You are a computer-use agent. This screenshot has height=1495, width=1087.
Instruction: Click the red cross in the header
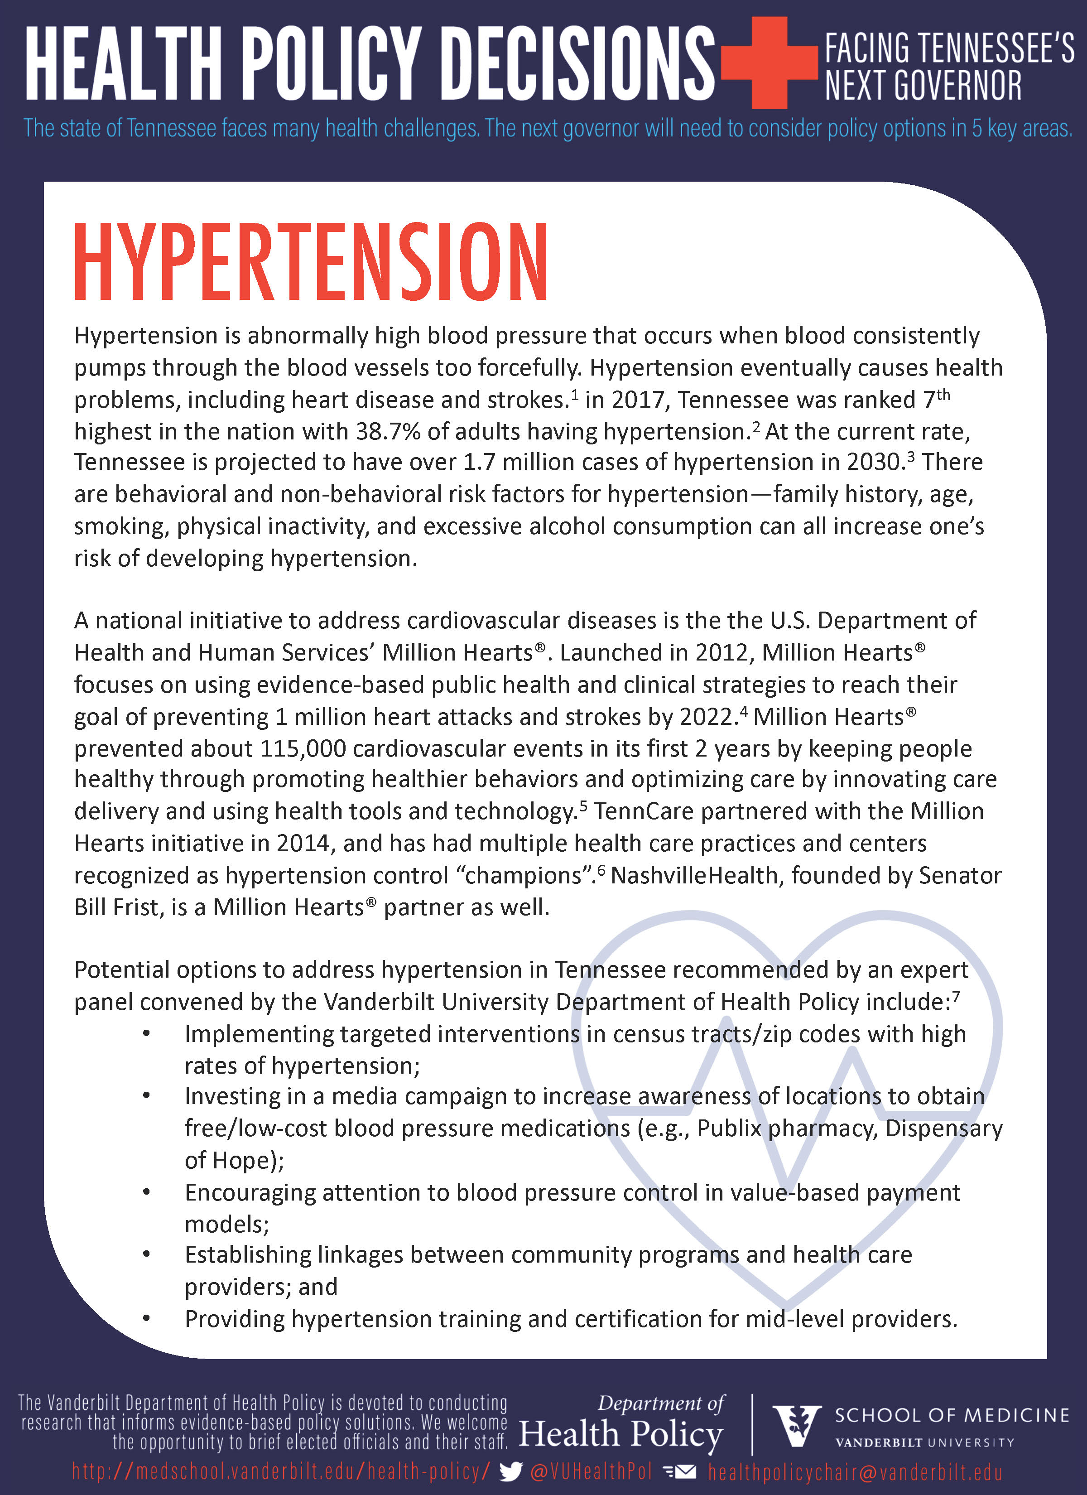(x=769, y=62)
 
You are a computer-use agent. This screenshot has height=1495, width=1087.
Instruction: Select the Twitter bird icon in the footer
(x=511, y=1471)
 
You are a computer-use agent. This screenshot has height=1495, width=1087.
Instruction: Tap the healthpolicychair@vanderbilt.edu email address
(x=855, y=1472)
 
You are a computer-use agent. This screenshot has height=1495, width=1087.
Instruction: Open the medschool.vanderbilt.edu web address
(x=281, y=1471)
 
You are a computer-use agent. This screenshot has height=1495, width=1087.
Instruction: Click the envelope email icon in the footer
(x=680, y=1471)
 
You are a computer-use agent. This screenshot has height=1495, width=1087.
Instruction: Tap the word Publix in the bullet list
(x=728, y=1128)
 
